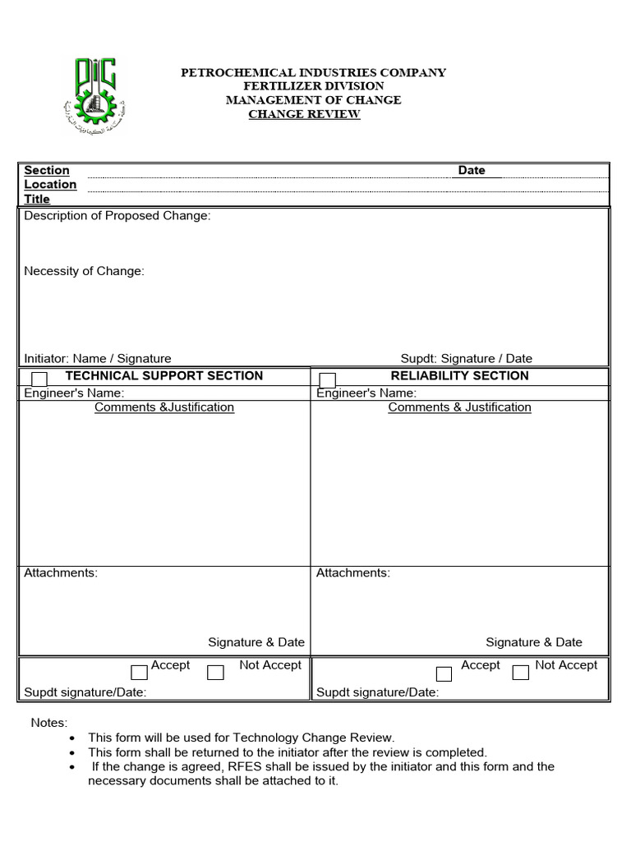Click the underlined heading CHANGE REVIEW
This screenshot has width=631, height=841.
(x=304, y=114)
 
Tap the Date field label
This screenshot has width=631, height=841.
(x=472, y=171)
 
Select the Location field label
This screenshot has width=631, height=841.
(x=50, y=185)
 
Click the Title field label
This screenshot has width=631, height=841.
(x=37, y=199)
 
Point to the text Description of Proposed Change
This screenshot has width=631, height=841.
(x=117, y=216)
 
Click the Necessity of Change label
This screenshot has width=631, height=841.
(x=84, y=271)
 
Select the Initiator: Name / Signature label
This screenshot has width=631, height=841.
(x=98, y=359)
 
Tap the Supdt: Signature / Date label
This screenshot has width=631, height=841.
(x=466, y=359)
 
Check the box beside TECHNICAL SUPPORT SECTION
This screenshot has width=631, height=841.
(x=39, y=379)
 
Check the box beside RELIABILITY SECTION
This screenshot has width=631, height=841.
(x=327, y=379)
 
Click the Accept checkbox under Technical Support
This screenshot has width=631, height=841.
(x=140, y=673)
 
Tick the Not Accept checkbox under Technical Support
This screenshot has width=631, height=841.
(x=215, y=673)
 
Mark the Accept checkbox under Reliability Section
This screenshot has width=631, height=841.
(x=444, y=673)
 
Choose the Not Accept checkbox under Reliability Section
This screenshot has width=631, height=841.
(x=520, y=673)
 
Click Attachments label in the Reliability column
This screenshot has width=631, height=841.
(x=353, y=573)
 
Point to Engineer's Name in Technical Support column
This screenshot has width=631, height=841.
(x=74, y=393)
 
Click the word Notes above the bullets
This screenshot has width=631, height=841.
(x=48, y=724)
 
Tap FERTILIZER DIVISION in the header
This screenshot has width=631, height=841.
(x=313, y=86)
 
